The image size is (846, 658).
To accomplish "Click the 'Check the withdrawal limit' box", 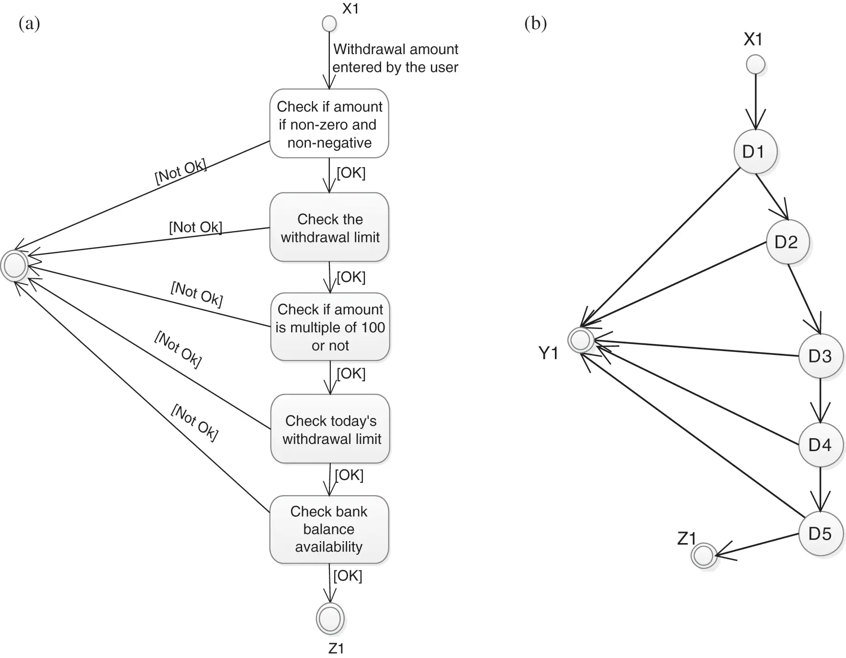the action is (x=329, y=227).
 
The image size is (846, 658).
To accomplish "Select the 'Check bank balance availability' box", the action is (x=329, y=529).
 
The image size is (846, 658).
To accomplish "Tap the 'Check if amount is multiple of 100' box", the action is (x=330, y=327).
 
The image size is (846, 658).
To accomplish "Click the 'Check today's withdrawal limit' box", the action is (x=330, y=429).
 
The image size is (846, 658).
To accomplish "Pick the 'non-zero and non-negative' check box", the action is (x=329, y=124).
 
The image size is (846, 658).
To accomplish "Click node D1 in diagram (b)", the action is (x=755, y=152).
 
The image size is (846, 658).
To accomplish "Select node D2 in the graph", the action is (x=787, y=242).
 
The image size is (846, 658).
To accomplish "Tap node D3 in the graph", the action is (x=820, y=356).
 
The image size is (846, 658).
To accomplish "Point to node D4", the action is (x=820, y=445).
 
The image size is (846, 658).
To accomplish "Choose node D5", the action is (x=820, y=533).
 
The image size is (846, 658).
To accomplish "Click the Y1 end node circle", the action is (x=581, y=340).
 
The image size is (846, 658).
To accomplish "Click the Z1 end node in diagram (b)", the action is (x=703, y=556).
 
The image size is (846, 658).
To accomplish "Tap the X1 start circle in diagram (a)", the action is (x=329, y=23).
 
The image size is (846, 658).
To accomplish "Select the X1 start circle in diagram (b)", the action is (x=756, y=65).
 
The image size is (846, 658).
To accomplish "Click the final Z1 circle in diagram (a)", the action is (x=330, y=618).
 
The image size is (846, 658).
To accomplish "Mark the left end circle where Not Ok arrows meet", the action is (x=14, y=265).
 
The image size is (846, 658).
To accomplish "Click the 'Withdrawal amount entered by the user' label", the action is (x=395, y=58).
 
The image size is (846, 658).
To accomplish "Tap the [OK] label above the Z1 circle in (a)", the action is (x=348, y=576).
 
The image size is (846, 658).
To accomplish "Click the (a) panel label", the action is (x=29, y=23).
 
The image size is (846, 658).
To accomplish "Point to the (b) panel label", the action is (x=535, y=23).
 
